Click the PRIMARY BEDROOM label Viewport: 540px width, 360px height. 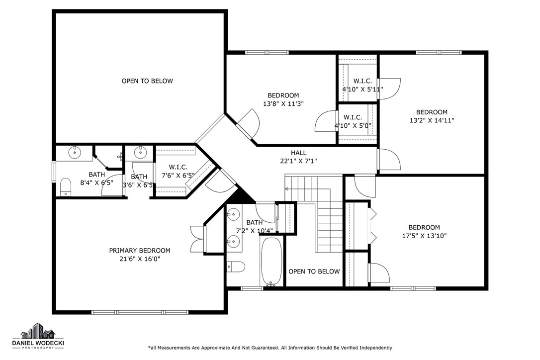[x=140, y=251]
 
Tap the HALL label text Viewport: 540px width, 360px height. [x=298, y=153]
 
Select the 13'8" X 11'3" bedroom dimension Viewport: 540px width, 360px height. [x=283, y=104]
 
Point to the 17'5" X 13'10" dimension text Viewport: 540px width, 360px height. [x=424, y=236]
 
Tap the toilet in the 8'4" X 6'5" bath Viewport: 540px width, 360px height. [x=66, y=187]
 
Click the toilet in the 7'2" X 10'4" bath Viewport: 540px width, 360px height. [x=236, y=267]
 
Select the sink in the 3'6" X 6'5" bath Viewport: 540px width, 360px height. [x=140, y=151]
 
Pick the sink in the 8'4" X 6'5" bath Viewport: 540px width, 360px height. [x=75, y=152]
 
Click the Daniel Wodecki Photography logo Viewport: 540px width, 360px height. [x=38, y=336]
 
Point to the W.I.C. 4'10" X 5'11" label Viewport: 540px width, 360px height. [x=362, y=85]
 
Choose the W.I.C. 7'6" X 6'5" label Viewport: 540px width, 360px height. [x=178, y=171]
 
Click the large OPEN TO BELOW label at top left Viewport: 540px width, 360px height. [x=147, y=81]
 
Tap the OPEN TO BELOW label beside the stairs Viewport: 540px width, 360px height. [x=314, y=271]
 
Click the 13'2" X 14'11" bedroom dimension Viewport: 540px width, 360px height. [x=432, y=120]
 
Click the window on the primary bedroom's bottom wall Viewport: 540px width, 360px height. [x=140, y=312]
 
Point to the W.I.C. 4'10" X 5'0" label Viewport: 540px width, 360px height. [x=353, y=122]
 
